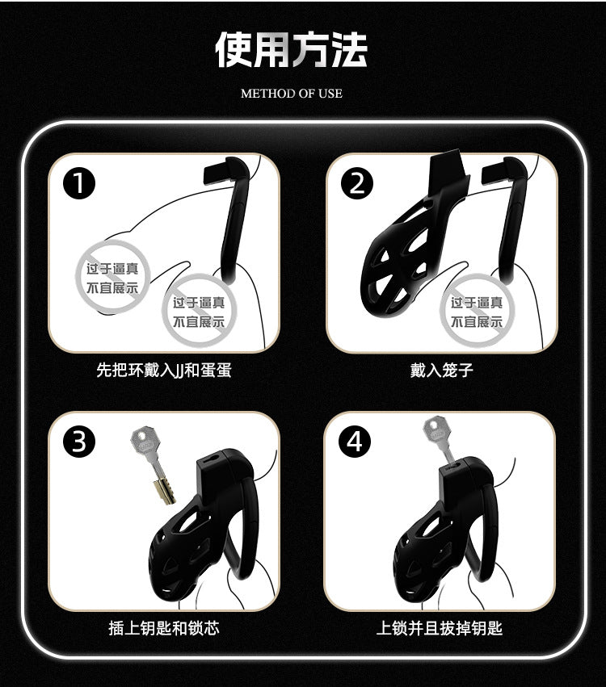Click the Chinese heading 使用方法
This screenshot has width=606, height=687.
coord(291,50)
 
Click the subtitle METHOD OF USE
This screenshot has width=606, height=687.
coord(291,94)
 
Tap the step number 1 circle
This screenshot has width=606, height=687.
coord(79,183)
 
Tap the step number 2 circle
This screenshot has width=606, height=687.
coord(357,183)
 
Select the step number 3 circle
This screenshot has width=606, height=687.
coord(79,442)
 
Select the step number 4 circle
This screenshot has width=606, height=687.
coord(355,442)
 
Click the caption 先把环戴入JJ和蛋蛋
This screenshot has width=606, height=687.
coord(163,371)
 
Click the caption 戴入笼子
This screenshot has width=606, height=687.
coord(441,371)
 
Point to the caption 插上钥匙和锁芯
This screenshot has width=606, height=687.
coord(163,628)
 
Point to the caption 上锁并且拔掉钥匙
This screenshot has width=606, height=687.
coord(440,628)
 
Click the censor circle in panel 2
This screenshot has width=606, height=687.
coord(477,312)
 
